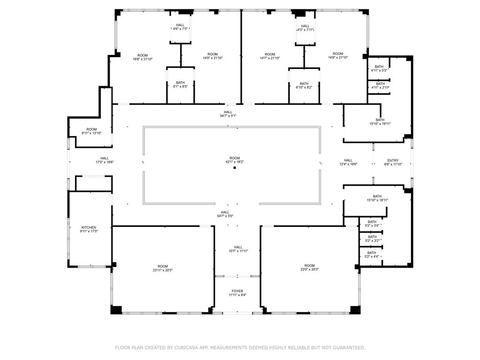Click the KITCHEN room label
(x=89, y=227)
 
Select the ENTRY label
(x=393, y=160)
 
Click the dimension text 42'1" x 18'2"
(x=235, y=162)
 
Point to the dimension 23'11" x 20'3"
(x=163, y=270)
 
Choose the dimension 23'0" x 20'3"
(x=309, y=270)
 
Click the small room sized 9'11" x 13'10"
(x=91, y=131)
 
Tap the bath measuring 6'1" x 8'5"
(x=180, y=85)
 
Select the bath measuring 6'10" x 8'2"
(x=304, y=86)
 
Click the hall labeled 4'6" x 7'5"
(x=180, y=27)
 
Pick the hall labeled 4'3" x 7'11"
(x=305, y=28)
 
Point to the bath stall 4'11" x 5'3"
(x=379, y=68)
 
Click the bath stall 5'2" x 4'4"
(x=372, y=254)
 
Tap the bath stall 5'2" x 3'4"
(x=372, y=224)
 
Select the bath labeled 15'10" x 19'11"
(x=379, y=122)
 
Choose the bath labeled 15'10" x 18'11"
(x=377, y=198)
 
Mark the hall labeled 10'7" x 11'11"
(x=238, y=249)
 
